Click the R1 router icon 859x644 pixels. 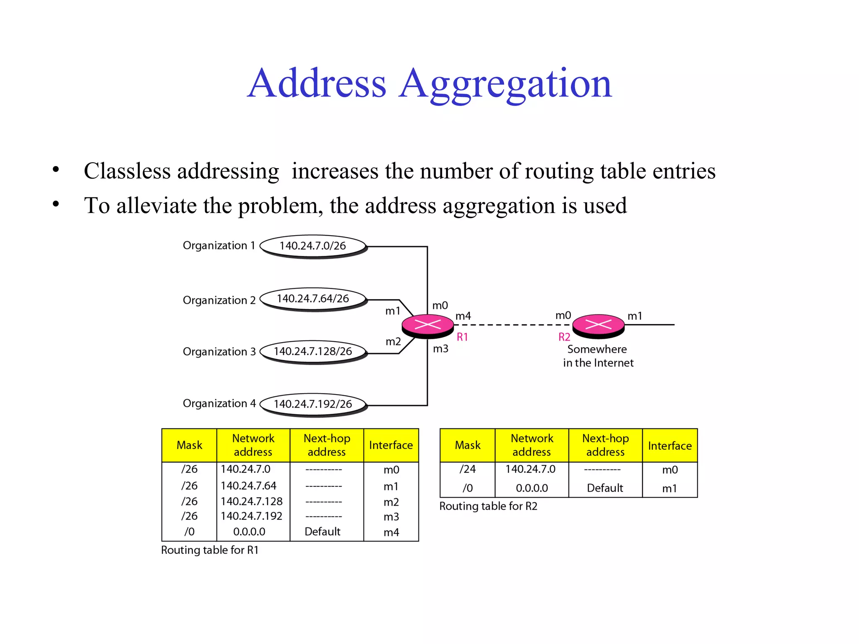pos(427,325)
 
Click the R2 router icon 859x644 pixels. pos(598,325)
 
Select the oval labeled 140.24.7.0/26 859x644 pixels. pos(313,246)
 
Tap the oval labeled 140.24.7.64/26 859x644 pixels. pos(313,299)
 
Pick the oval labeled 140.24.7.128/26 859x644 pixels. pos(313,352)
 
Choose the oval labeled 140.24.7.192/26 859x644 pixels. pos(313,404)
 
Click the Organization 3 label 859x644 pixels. pos(219,352)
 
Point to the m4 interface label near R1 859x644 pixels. pos(463,316)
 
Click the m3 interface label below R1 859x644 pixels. pos(440,349)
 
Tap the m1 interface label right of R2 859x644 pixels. pos(635,316)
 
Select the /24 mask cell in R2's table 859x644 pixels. pos(467,469)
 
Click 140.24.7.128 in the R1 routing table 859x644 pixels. pos(252,501)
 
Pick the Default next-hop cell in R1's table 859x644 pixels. pos(322,532)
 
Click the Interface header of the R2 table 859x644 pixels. pos(669,446)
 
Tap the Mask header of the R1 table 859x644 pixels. pos(189,445)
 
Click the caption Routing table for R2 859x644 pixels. pos(488,506)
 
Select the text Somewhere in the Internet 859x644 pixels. pos(598,356)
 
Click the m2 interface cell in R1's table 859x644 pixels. pos(391,502)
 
